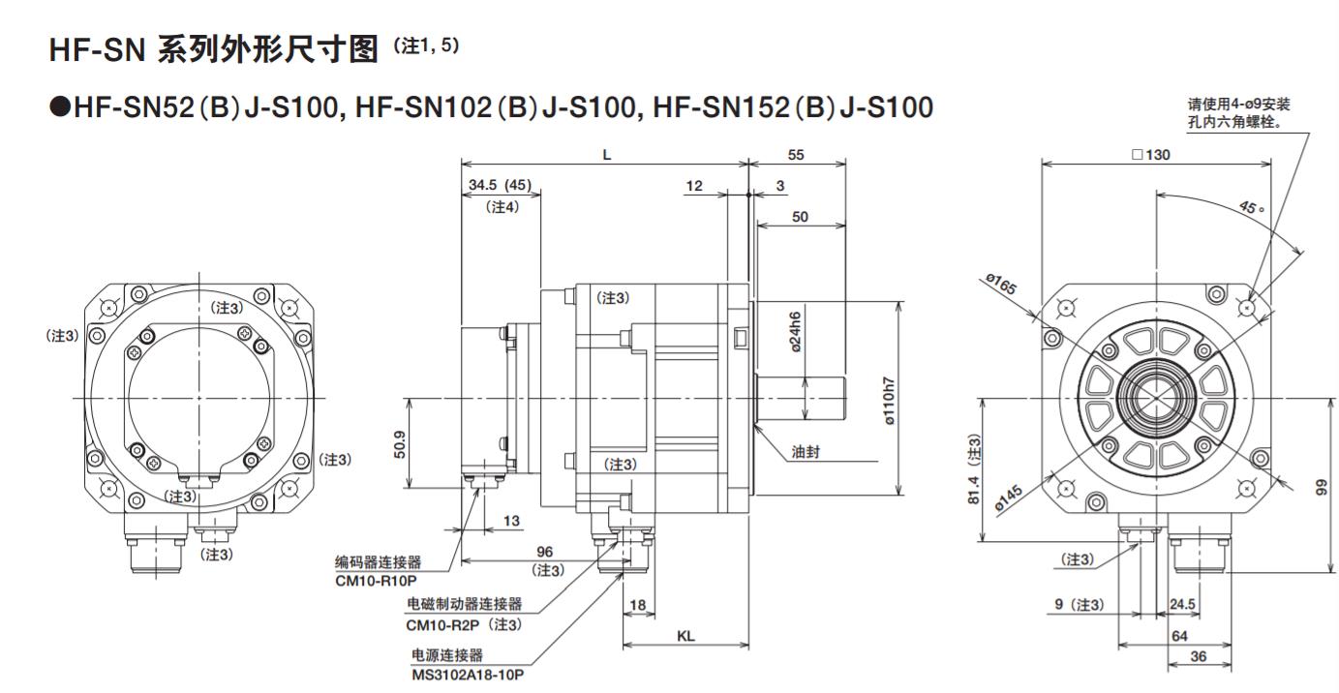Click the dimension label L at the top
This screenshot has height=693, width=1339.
[x=607, y=155]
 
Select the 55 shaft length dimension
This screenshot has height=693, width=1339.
[x=796, y=155]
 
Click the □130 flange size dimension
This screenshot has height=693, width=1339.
[x=1150, y=155]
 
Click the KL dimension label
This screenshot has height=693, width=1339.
[x=686, y=637]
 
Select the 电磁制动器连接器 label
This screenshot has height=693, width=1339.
[x=464, y=604]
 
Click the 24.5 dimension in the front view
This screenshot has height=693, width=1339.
[x=1181, y=605]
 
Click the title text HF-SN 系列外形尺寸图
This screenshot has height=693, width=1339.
[x=213, y=49]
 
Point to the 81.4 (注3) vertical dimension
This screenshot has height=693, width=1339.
[x=972, y=468]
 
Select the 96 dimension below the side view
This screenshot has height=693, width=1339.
[x=544, y=551]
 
